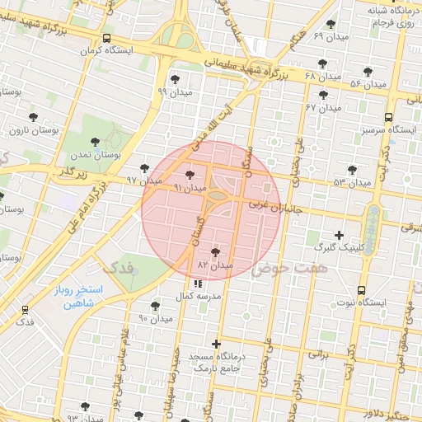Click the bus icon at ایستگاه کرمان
106,39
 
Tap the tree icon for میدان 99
175,79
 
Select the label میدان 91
189,188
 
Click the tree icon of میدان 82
216,252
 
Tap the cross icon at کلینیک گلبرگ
339,235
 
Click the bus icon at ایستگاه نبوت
362,290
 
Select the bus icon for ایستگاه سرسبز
388,117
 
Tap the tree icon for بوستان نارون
33,117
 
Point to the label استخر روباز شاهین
91,297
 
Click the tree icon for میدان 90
156,304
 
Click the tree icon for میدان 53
352,170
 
